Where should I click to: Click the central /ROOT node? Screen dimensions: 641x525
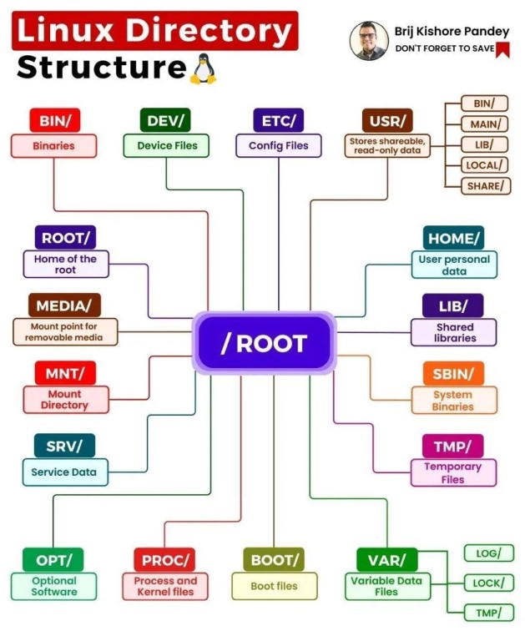[264, 342]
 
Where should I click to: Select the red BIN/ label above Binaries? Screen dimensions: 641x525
[54, 120]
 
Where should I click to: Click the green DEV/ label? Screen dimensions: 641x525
[165, 120]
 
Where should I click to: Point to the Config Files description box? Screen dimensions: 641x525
[279, 145]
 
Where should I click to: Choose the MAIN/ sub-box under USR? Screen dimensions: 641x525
[484, 124]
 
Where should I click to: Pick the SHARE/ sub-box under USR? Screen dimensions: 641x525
[485, 185]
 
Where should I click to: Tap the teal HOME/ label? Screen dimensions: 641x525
[453, 239]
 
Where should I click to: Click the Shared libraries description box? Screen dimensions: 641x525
[454, 332]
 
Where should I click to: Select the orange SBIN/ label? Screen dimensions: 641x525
[453, 373]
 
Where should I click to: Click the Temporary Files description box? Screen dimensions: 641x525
[453, 473]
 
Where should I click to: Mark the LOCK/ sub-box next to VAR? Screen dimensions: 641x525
[488, 583]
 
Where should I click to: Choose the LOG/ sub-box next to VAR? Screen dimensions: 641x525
[488, 553]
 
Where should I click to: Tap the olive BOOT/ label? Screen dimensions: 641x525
[273, 559]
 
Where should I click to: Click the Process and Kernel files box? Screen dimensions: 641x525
[165, 586]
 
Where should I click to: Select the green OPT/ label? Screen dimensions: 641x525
[54, 559]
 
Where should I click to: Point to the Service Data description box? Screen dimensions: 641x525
[64, 472]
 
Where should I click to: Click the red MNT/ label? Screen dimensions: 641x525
[65, 373]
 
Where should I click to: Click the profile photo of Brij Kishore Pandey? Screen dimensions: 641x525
[369, 41]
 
